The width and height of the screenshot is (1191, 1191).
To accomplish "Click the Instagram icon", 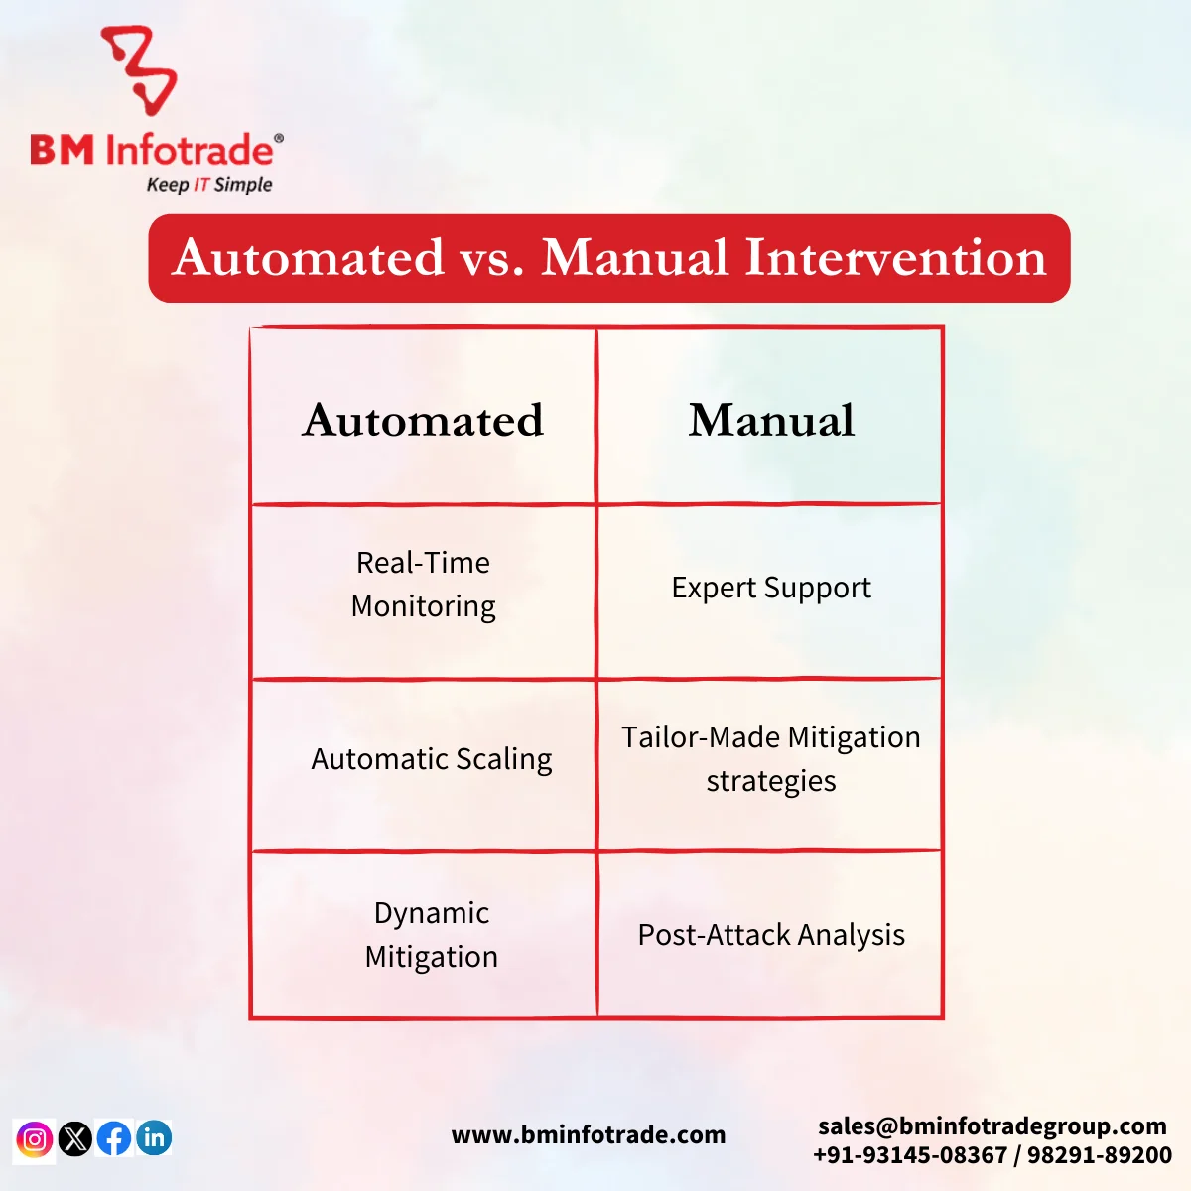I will point(35,1138).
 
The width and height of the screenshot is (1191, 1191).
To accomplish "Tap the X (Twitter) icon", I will point(75,1138).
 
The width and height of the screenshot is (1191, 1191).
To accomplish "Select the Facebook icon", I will point(114,1138).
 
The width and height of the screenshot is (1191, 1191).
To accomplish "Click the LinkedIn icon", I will point(154,1137).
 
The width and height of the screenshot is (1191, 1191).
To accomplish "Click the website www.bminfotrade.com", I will point(588,1134).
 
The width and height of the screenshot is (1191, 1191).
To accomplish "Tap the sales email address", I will point(992,1125).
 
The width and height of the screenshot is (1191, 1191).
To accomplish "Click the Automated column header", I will point(423,420).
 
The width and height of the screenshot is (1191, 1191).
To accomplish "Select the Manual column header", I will point(771,420).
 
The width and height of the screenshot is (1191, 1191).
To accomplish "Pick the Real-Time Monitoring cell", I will point(423,585).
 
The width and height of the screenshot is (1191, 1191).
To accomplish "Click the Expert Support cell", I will point(771,588).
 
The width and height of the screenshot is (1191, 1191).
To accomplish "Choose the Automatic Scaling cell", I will point(431,759).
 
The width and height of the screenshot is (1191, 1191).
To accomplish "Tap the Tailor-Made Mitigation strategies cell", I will point(771,759).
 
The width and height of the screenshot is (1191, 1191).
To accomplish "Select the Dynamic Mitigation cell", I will point(431,935).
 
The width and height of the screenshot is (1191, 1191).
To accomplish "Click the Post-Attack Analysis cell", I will point(771,935).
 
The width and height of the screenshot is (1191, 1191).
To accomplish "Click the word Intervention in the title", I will point(894,258).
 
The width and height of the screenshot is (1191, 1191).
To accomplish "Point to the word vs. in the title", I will point(491,258).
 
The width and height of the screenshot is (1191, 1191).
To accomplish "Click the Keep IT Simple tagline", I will point(208,185).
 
